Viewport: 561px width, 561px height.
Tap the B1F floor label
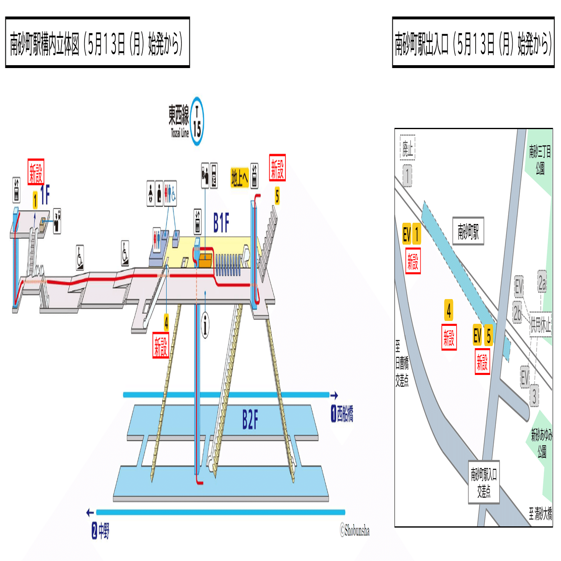pyautogui.click(x=221, y=223)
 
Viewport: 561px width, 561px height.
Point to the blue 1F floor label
pyautogui.click(x=45, y=195)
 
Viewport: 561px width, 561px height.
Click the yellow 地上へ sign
pyautogui.click(x=239, y=178)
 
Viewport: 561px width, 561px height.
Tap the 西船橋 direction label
pyautogui.click(x=342, y=414)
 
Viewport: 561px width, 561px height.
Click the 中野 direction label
pyautogui.click(x=101, y=530)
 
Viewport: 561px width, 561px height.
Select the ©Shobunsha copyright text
pyautogui.click(x=355, y=530)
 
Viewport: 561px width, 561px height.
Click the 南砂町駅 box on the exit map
pyautogui.click(x=468, y=231)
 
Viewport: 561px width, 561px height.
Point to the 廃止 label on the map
pyautogui.click(x=408, y=148)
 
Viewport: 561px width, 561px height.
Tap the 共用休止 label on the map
pyautogui.click(x=541, y=325)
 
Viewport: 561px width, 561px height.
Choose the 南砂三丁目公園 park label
pyautogui.click(x=540, y=159)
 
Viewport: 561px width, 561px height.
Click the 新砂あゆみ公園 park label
pyautogui.click(x=542, y=443)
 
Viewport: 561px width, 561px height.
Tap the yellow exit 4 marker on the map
pyautogui.click(x=449, y=310)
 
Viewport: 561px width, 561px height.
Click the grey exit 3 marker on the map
pyautogui.click(x=534, y=396)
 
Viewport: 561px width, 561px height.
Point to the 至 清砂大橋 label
pyautogui.click(x=540, y=514)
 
